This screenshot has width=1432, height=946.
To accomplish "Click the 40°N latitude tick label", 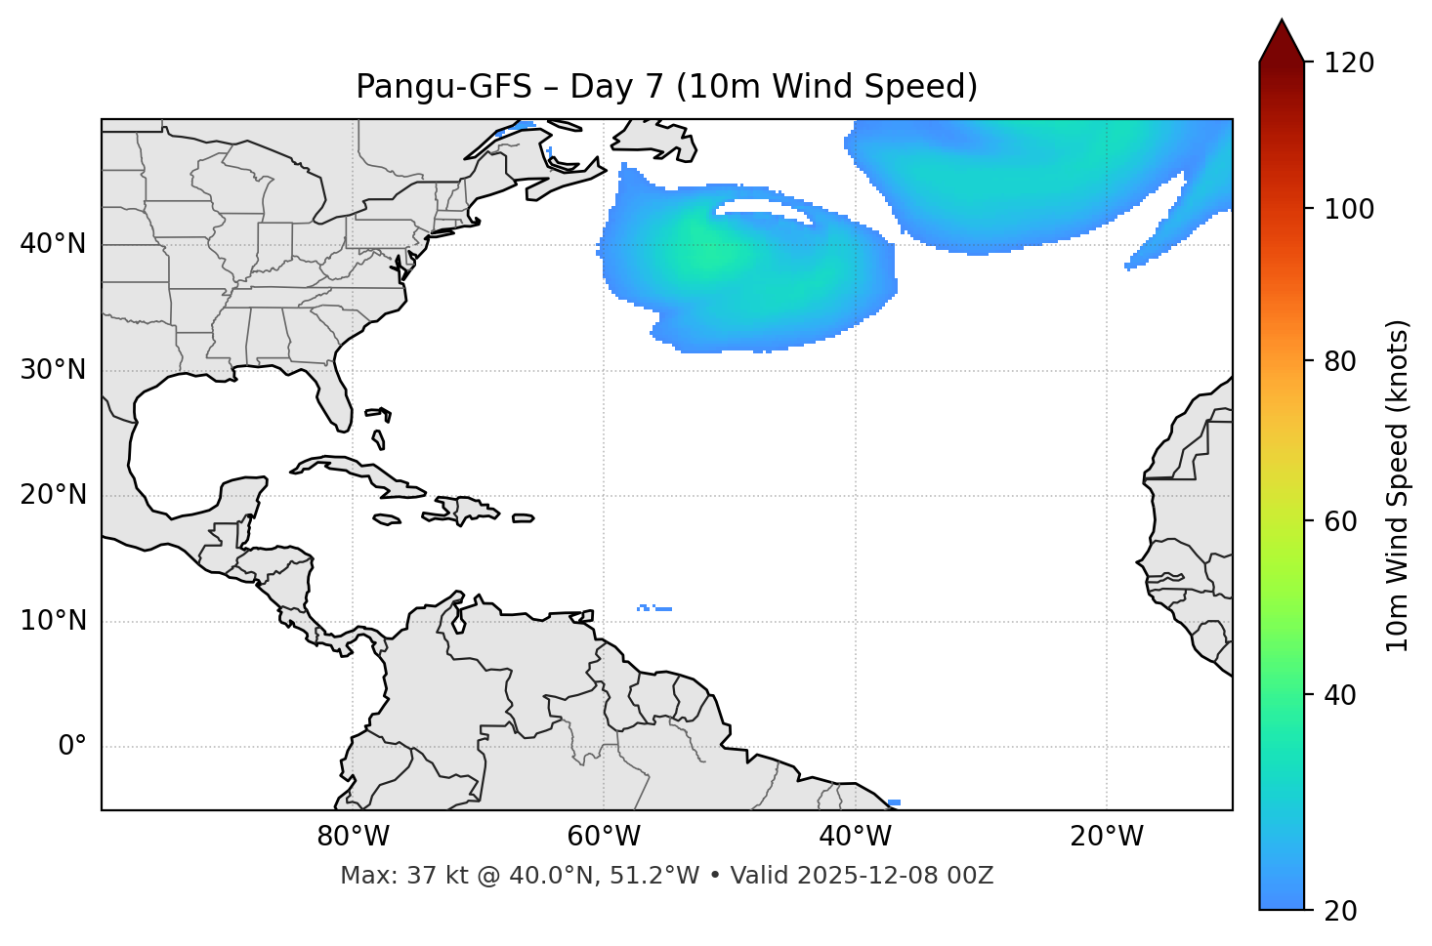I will pos(53,244).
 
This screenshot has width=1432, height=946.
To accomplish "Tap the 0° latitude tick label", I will pos(72,747).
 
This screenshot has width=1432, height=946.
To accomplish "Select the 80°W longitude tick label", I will pos(353,837).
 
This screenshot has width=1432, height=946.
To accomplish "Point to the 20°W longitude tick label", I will pos(1107,837).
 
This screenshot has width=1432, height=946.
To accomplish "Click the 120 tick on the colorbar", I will pos(1349,63).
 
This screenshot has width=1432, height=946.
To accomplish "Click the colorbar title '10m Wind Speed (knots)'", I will pos(1398,485).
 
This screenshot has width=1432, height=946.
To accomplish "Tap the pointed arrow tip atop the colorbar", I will pos(1282,27).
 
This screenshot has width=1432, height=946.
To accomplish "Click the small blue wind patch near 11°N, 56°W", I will pos(653,608).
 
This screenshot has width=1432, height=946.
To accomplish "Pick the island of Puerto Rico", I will pos(523,518).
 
